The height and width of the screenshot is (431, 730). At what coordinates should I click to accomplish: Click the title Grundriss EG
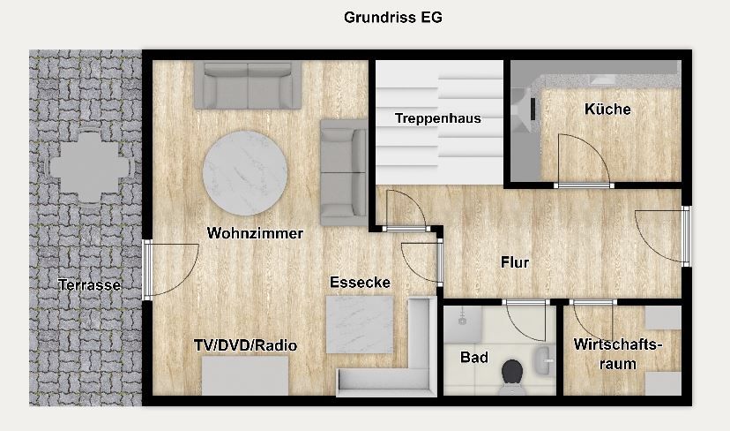coord(393,18)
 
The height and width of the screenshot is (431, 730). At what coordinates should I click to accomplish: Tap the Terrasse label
coord(89,284)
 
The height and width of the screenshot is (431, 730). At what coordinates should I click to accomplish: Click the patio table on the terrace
coord(89,167)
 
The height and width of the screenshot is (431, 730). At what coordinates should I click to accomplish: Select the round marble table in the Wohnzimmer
coord(245,172)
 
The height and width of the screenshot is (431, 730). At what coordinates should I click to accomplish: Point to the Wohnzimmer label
coord(255,233)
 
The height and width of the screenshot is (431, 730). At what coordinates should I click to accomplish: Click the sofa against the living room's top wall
coord(247,85)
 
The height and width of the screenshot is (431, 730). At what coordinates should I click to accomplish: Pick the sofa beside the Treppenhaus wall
coord(344,172)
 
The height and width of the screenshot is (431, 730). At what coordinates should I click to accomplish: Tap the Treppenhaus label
coord(437,118)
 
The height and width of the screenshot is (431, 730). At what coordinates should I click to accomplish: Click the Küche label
coord(607,110)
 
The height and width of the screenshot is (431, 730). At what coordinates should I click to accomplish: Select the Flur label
coord(515,262)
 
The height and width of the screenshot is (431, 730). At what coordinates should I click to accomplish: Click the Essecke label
coord(360,283)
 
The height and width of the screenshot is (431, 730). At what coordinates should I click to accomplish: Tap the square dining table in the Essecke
coord(360,325)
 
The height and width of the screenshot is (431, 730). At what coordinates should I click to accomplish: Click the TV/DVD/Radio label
coord(245,345)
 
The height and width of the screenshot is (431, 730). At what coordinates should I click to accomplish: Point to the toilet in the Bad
coord(512,375)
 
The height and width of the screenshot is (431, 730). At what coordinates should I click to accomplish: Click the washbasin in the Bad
coord(544,360)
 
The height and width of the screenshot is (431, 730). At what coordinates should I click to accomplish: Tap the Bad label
coord(474,358)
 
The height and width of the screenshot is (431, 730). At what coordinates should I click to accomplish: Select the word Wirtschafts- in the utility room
coord(617,344)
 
